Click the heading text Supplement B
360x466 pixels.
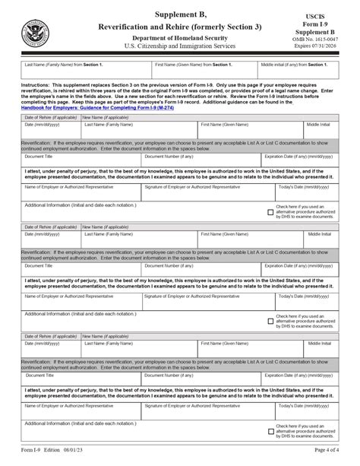point(179,14)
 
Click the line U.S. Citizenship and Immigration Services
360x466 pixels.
point(179,47)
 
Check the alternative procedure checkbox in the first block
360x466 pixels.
point(271,212)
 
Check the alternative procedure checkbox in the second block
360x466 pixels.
point(271,321)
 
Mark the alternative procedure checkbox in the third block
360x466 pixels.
point(271,430)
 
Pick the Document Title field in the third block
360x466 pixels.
point(81,378)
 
